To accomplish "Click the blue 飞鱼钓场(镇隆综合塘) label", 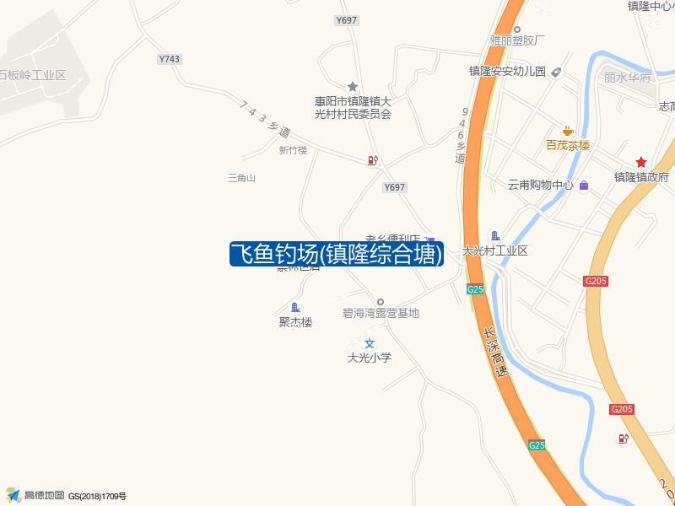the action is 337,253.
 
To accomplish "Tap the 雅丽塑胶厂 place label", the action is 517,40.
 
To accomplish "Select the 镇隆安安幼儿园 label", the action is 508,72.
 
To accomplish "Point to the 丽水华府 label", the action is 628,78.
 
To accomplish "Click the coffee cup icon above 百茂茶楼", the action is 568,131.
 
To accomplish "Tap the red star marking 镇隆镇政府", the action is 641,162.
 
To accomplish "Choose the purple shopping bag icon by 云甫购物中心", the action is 584,185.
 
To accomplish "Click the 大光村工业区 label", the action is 495,250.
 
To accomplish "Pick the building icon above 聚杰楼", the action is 295,307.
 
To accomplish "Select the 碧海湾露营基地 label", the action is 381,313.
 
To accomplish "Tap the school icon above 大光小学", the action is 370,343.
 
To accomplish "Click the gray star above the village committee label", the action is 353,86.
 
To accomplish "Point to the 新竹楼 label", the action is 293,150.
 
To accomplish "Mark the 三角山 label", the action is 241,178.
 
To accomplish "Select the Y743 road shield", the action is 170,59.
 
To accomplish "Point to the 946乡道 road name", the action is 461,135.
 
